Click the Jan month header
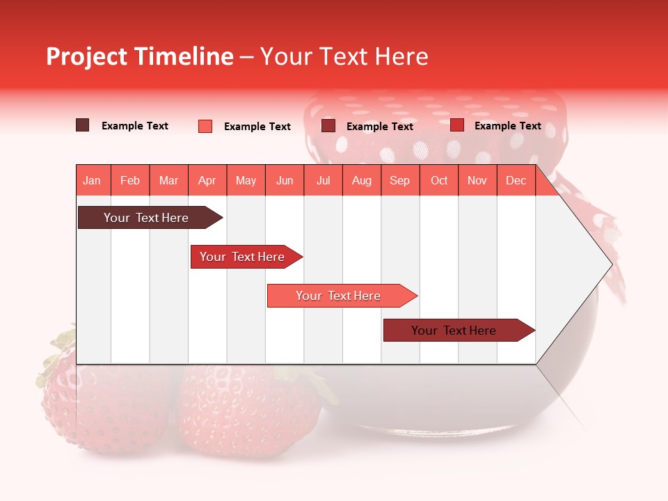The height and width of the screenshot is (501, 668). pos(92,181)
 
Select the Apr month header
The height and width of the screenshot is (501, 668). pos(207,181)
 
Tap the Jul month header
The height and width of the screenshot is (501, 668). pos(323,181)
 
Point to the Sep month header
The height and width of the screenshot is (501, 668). pos(399,181)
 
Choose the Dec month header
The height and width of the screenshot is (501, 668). pos(516,181)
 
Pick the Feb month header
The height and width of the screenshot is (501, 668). pos(130,181)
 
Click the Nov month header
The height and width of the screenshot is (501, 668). pos(477,181)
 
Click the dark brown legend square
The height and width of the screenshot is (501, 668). pos(83,125)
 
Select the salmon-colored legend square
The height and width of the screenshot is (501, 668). pos(205,126)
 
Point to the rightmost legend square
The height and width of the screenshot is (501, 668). pos(457,125)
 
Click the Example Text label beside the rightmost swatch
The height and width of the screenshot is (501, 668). pos(507,126)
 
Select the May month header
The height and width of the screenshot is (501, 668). pos(246,181)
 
